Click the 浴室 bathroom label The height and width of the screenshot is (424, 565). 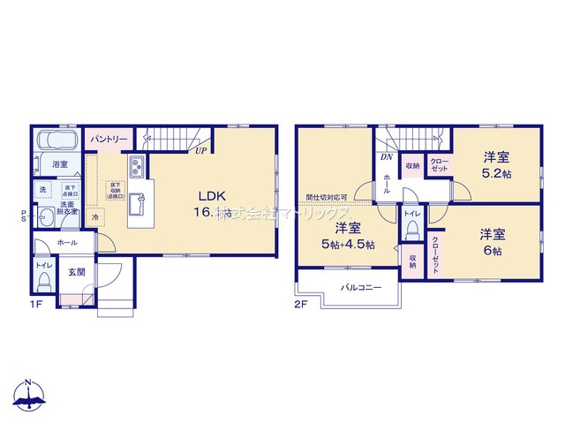point(60,164)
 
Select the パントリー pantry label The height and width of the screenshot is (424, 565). point(109,139)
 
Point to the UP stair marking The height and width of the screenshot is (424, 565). point(202,150)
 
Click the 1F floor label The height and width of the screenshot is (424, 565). point(36,305)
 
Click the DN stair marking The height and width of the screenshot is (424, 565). point(387,158)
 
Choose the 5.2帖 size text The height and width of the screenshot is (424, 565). point(495,165)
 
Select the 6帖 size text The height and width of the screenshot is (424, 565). point(493,243)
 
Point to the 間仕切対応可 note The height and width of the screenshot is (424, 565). point(326,198)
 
